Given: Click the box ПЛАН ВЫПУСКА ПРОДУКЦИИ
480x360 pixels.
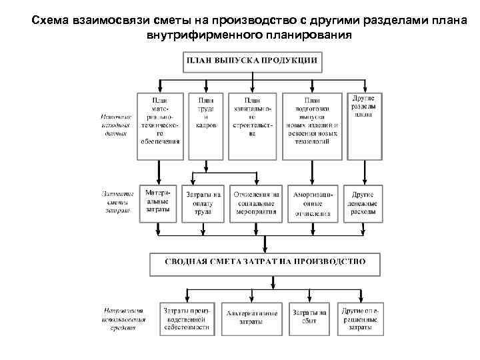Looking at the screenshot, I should (x=252, y=61).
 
